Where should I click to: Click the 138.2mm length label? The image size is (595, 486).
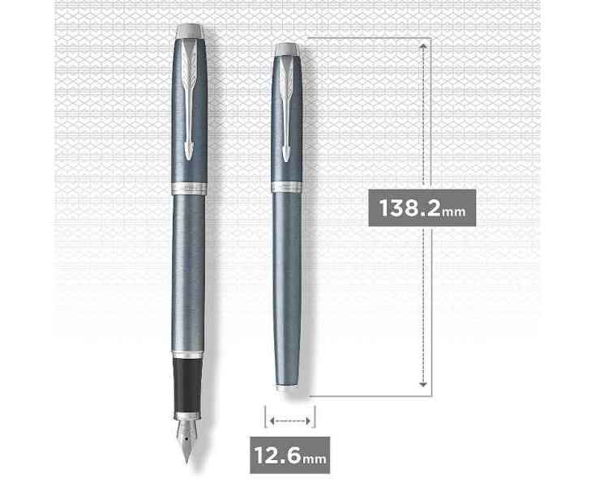422,207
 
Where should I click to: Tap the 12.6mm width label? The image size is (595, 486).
290,455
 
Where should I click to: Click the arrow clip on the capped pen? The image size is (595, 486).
286,110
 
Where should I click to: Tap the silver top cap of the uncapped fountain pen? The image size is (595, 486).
190,31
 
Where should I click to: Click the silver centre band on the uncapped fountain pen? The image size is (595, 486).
189,189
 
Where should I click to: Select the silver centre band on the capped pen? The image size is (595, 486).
286,186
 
